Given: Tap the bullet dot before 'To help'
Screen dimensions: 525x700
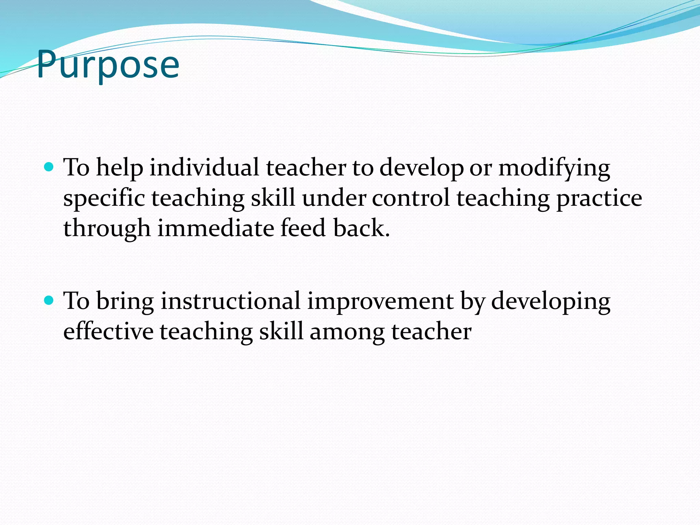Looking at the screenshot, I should [49, 167].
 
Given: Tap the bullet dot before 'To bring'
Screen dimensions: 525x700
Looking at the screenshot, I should [49, 300].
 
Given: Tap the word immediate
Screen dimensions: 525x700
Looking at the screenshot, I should [215, 228].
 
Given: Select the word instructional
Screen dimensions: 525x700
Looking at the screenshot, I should [231, 301].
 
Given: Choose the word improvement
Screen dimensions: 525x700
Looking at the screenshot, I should [380, 302].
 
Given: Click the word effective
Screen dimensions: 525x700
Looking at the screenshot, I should [108, 332].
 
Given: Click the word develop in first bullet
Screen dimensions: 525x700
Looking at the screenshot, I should [421, 168].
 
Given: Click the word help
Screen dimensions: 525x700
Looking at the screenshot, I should [120, 168].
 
